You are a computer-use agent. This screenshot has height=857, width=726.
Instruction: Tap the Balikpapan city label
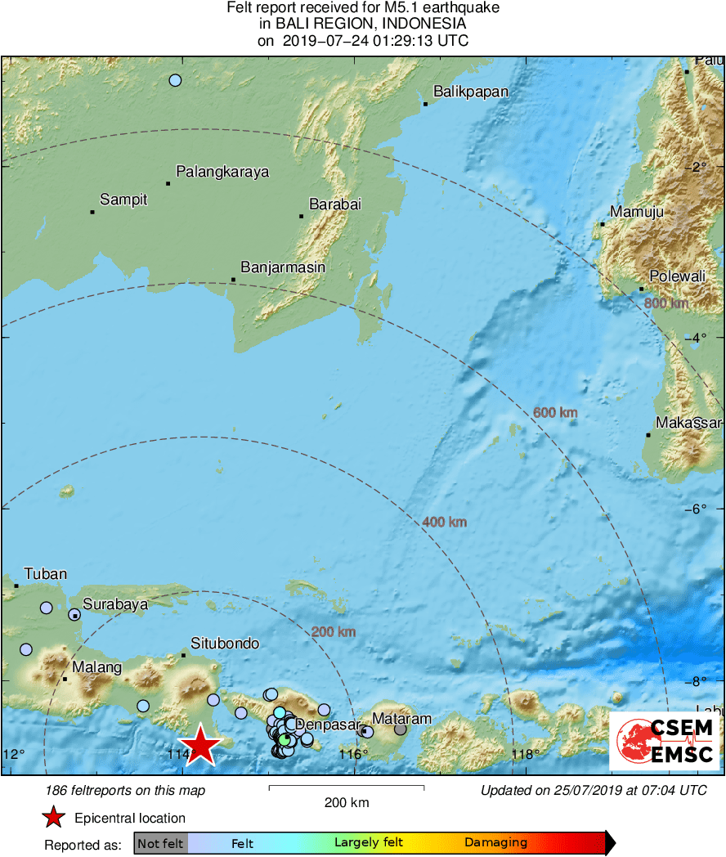(470, 92)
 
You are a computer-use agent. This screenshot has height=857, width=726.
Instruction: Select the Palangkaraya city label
(222, 172)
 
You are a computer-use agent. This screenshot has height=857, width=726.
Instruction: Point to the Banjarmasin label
(283, 267)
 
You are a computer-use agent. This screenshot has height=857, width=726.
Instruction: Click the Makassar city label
(688, 423)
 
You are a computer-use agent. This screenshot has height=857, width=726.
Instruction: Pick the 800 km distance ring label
(667, 303)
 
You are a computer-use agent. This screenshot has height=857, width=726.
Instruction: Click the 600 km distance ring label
(555, 413)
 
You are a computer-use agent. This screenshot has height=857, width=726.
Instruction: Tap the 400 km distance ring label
(444, 522)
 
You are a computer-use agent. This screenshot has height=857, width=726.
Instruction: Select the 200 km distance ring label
(334, 631)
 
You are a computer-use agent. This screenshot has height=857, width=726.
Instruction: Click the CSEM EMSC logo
(664, 741)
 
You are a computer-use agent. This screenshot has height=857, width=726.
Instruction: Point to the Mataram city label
(401, 719)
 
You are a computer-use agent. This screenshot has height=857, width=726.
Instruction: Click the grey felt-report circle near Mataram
(400, 729)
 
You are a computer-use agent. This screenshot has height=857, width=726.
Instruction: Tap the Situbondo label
(225, 644)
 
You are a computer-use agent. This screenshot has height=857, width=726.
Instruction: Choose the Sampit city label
(123, 200)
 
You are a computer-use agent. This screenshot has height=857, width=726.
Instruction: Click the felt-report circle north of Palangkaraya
(175, 80)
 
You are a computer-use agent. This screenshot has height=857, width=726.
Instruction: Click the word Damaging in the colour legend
(495, 842)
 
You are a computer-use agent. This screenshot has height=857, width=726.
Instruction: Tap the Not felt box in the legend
(160, 842)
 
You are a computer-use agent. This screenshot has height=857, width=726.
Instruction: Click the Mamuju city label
(637, 212)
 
